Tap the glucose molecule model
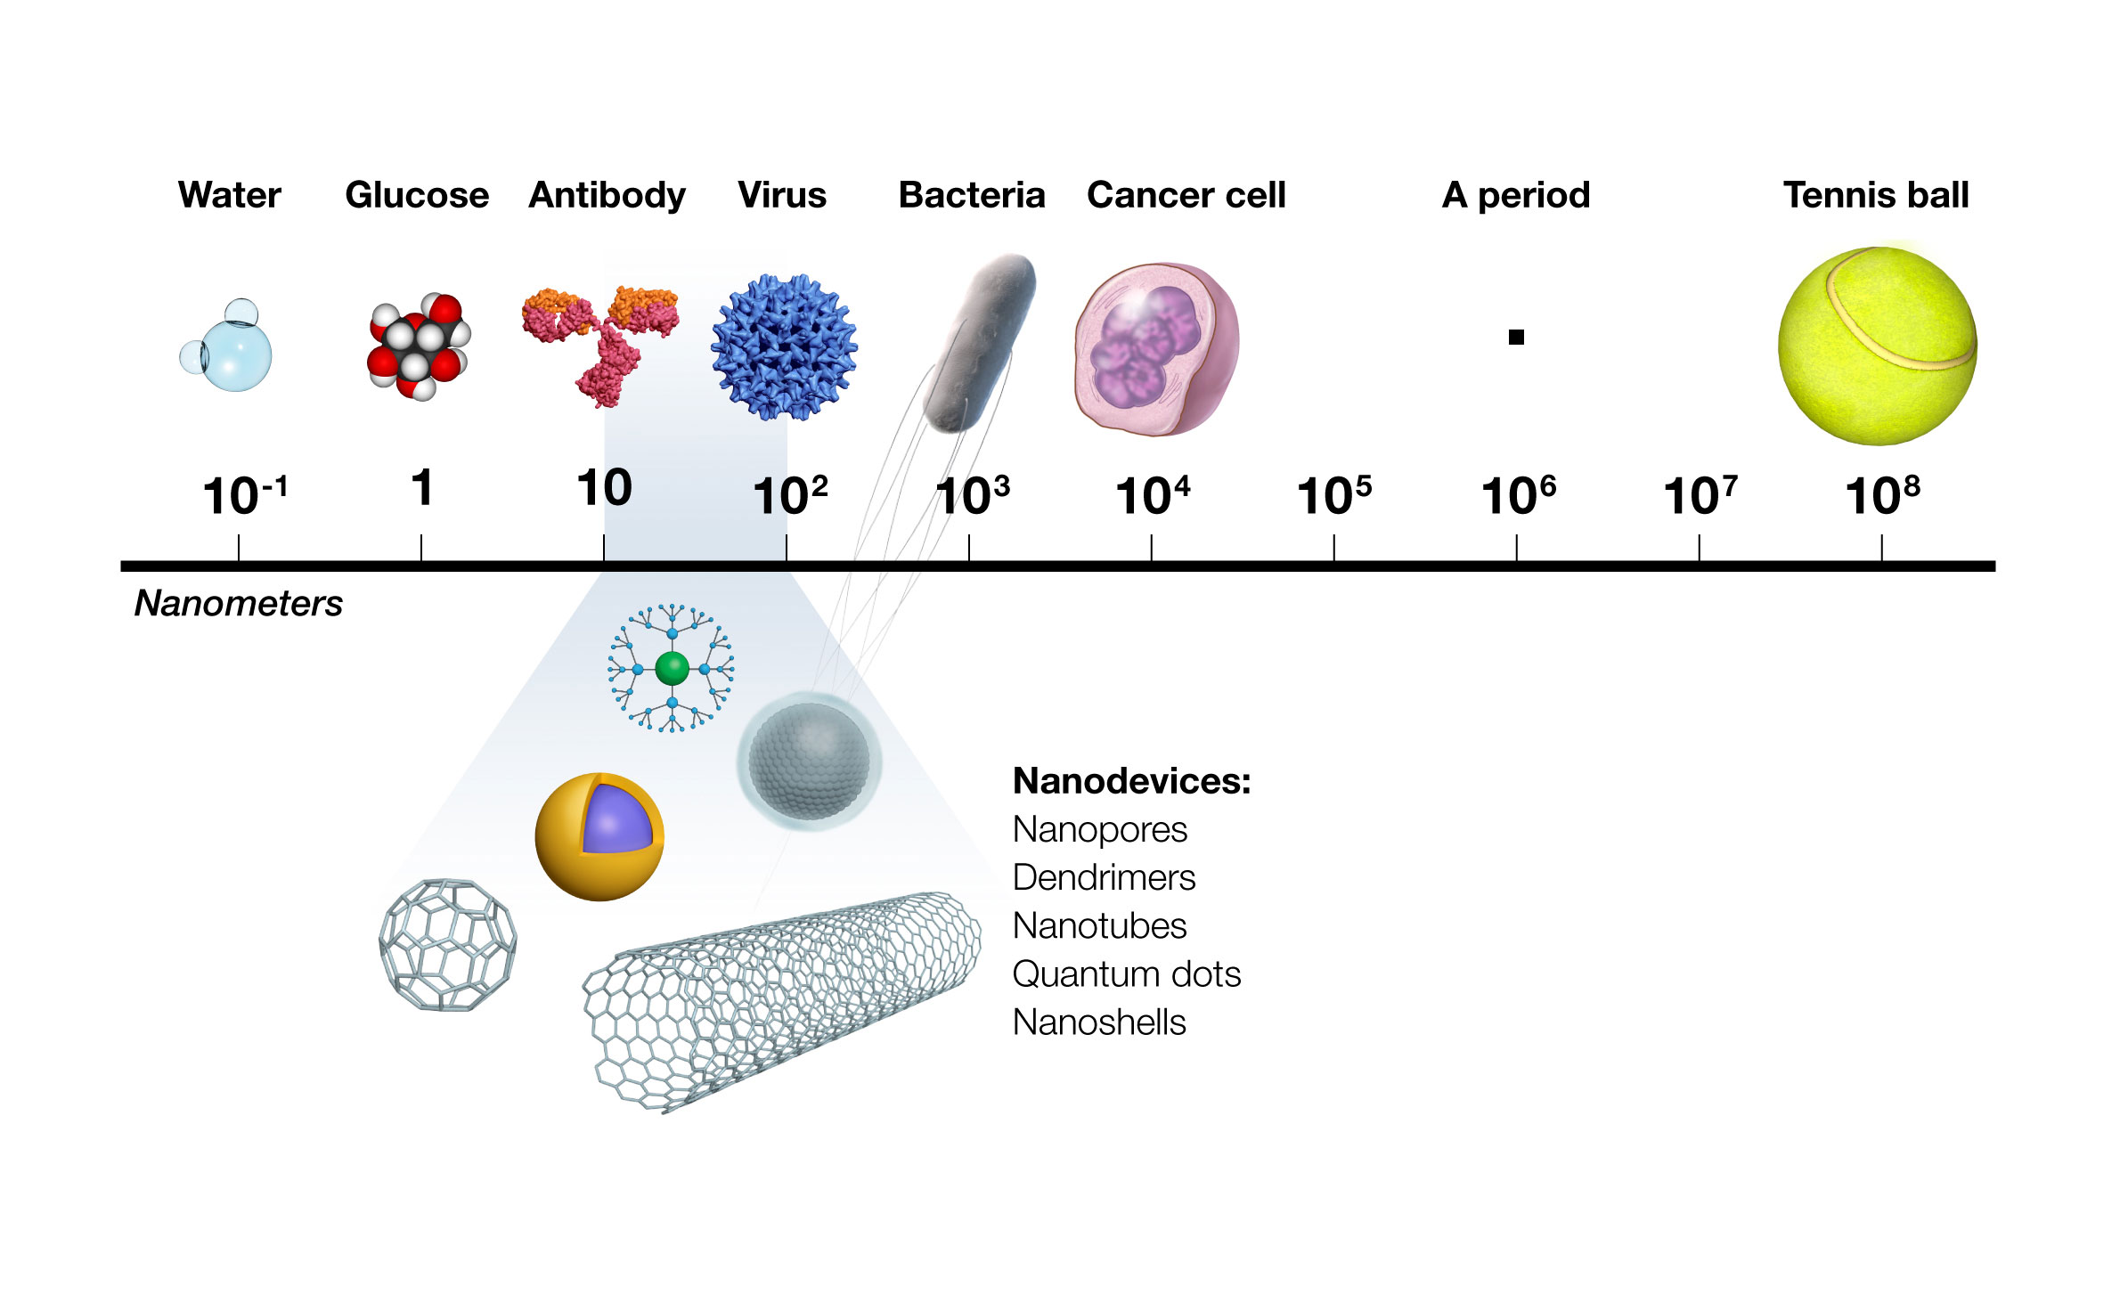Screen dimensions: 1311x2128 pyautogui.click(x=418, y=346)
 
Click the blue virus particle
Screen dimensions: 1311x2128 pyautogui.click(x=784, y=347)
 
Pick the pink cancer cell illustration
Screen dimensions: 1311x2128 pyautogui.click(x=1156, y=349)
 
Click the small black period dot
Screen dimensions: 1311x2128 pyautogui.click(x=1516, y=338)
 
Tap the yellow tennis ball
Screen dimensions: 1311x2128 pyautogui.click(x=1877, y=346)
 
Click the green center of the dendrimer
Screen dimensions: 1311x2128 pyautogui.click(x=672, y=668)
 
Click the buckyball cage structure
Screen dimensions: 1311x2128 pyautogui.click(x=447, y=945)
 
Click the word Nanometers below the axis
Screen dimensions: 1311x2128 pyautogui.click(x=239, y=604)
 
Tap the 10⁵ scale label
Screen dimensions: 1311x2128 pyautogui.click(x=1333, y=496)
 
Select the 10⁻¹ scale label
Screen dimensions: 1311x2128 pyautogui.click(x=244, y=496)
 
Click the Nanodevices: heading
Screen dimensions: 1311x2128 pyautogui.click(x=1131, y=781)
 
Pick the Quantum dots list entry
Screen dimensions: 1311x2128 pyautogui.click(x=1126, y=974)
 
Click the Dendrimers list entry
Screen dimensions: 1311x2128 pyautogui.click(x=1104, y=878)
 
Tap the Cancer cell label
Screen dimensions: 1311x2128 pyautogui.click(x=1186, y=195)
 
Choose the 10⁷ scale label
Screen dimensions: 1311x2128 pyautogui.click(x=1700, y=496)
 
